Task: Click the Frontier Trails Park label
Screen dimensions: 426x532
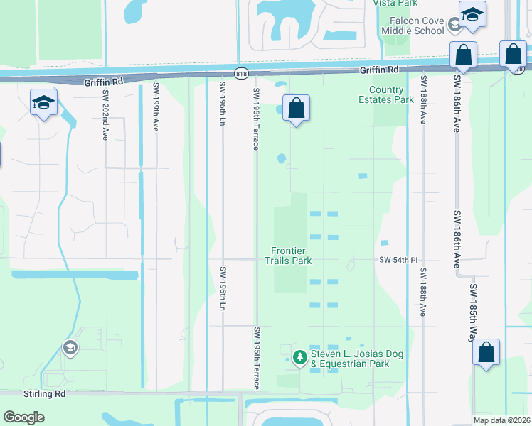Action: tap(291, 256)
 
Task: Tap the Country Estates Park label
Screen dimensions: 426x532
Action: tap(391, 95)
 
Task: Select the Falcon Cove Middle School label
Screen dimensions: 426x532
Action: tap(412, 26)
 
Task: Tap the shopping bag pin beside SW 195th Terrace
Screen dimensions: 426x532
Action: tap(296, 109)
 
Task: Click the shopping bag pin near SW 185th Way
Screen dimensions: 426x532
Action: tap(486, 353)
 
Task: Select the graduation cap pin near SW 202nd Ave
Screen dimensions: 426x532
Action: tap(43, 103)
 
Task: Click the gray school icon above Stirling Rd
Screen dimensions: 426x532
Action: tap(70, 347)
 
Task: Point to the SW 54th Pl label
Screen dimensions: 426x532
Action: tap(396, 261)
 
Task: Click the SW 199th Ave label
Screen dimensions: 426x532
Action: tap(156, 107)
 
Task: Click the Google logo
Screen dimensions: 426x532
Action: tap(24, 417)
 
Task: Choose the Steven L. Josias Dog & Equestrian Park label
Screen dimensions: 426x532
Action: tap(349, 359)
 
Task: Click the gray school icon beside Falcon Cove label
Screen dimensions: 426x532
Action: tap(454, 26)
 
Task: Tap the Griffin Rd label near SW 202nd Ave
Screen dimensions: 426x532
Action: tap(103, 82)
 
